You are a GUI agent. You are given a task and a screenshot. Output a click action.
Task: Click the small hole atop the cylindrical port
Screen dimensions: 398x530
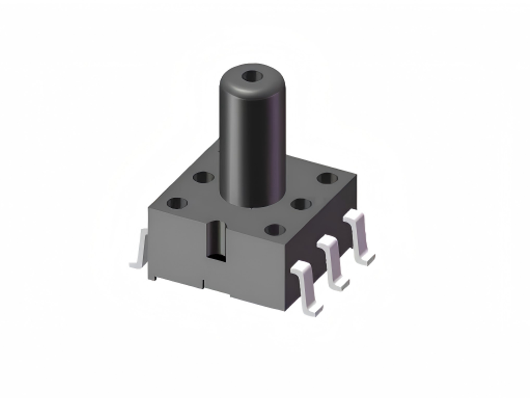pyautogui.click(x=255, y=74)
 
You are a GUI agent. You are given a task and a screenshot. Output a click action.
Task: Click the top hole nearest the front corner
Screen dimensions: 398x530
pyautogui.click(x=274, y=229)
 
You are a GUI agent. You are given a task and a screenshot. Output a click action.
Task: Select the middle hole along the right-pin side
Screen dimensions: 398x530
pyautogui.click(x=301, y=204)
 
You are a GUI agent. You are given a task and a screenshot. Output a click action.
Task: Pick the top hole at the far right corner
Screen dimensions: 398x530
pyautogui.click(x=328, y=179)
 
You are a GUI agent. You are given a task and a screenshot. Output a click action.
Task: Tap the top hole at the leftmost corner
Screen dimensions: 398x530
pyautogui.click(x=177, y=203)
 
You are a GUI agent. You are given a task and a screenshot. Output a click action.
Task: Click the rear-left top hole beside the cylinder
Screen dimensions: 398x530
pyautogui.click(x=204, y=178)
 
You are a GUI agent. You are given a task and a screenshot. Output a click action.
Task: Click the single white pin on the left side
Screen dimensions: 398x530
pyautogui.click(x=140, y=249)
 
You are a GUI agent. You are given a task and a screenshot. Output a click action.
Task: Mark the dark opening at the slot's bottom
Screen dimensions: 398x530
pyautogui.click(x=216, y=255)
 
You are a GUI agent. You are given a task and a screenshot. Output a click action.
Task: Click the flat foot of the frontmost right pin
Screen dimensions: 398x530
pyautogui.click(x=314, y=308)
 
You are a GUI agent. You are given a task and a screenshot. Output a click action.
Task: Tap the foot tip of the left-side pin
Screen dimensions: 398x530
pyautogui.click(x=134, y=265)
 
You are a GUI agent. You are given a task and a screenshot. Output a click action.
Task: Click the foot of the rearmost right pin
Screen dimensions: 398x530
pyautogui.click(x=365, y=258)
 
